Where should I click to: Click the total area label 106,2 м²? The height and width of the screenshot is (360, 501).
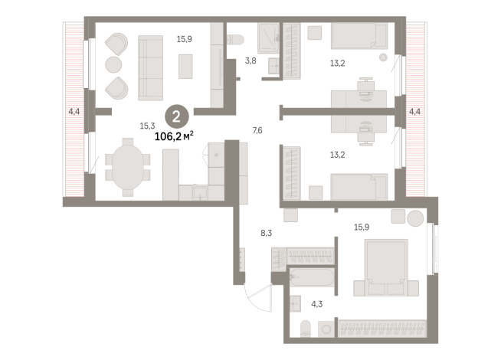pos(174,136)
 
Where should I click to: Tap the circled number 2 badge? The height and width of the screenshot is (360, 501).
pos(177,117)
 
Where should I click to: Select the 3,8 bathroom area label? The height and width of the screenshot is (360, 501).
pos(250,61)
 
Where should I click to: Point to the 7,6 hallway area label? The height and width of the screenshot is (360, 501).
pos(257,130)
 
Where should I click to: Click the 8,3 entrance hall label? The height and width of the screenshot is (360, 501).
pos(266,233)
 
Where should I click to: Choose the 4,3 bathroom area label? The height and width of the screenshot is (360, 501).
pos(317,304)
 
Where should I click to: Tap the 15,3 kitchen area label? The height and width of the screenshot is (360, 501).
pos(147,126)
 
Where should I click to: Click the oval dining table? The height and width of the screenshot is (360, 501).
pos(128,167)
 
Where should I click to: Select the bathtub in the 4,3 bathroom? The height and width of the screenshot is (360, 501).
pos(312,277)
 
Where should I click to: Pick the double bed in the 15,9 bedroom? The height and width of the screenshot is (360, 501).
pos(386,267)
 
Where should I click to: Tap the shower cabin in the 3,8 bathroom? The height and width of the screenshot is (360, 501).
pos(268,38)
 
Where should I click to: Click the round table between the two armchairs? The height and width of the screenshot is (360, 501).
pos(113,64)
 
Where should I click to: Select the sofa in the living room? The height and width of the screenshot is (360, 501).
pos(150,68)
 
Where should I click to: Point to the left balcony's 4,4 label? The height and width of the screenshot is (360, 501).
pos(74,112)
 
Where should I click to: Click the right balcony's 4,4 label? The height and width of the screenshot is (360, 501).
pos(414,112)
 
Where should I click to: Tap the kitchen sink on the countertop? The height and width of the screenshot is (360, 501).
pos(201,193)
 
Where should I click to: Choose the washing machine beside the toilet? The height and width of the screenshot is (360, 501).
pos(326,329)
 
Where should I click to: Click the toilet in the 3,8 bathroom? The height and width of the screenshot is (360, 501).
pos(235,40)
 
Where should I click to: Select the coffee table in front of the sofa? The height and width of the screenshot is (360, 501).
pos(185,67)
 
